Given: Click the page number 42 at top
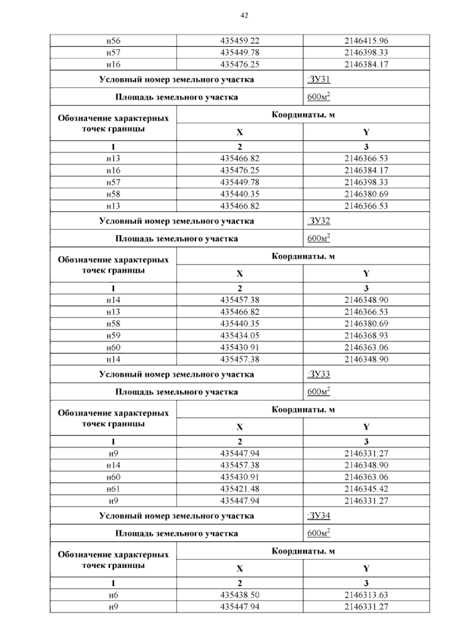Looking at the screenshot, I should coord(244,15).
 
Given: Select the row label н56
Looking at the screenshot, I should coord(113,41).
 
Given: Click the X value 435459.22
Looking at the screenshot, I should coord(239,41).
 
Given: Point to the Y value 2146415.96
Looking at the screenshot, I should coord(366,41).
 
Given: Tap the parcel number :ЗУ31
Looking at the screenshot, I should coord(318,79).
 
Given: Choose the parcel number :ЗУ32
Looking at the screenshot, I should coord(318,221).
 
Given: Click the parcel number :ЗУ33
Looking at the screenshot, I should coord(318,374).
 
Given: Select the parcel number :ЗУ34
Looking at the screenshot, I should coord(318,516).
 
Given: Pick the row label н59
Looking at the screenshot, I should coord(113,336).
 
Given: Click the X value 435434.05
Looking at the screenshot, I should coord(239,336).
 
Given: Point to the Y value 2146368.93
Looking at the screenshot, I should coord(366,336).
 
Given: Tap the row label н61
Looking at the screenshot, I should coord(113,489).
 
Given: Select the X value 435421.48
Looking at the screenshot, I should coord(239,489).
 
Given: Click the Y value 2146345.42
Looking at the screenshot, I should coord(366,489).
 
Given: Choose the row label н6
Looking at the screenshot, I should coord(113,595).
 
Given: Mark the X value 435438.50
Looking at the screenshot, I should coord(239,595).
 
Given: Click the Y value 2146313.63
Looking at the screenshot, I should coord(366,595).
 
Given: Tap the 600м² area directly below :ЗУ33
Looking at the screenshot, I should coord(318,391).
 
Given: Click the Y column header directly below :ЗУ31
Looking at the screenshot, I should coord(366,132).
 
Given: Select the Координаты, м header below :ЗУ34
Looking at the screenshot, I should coord(303,551).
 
